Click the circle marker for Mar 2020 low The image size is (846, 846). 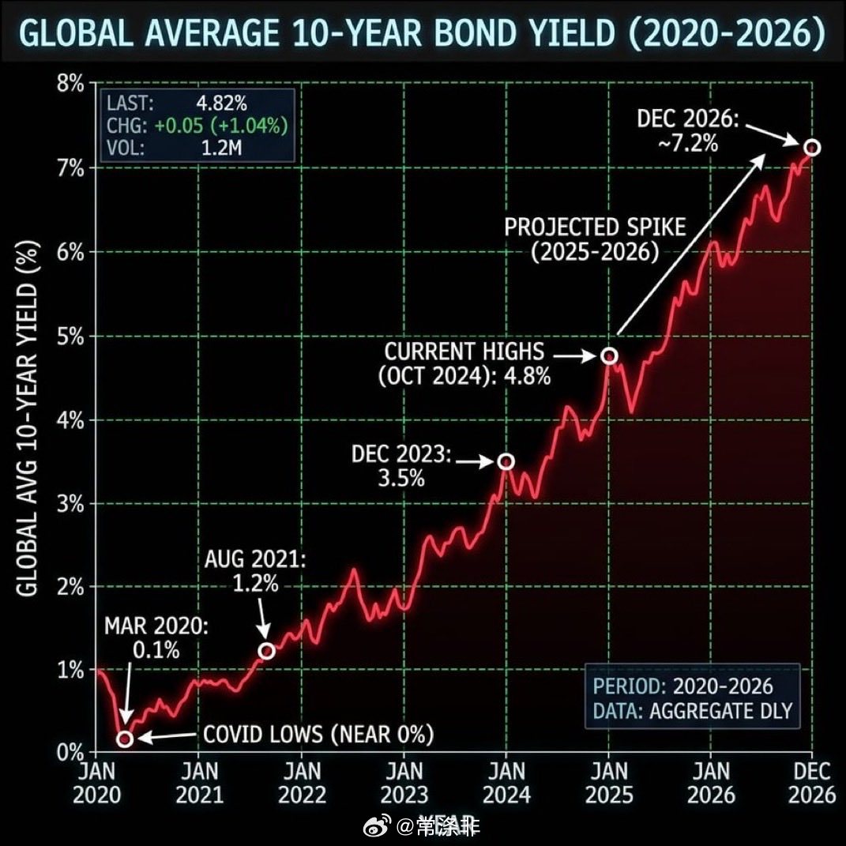pyautogui.click(x=125, y=739)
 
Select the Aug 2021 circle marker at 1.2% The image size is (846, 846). pyautogui.click(x=267, y=650)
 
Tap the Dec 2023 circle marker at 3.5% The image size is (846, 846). pyautogui.click(x=506, y=461)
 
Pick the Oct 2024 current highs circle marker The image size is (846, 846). pyautogui.click(x=609, y=355)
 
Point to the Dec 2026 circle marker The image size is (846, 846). pyautogui.click(x=812, y=148)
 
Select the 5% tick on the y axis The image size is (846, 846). pyautogui.click(x=69, y=336)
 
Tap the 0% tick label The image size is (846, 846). pyautogui.click(x=69, y=753)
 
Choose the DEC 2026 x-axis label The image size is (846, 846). pyautogui.click(x=812, y=782)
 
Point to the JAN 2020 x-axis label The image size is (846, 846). pyautogui.click(x=96, y=782)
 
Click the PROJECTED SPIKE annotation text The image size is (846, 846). pyautogui.click(x=596, y=240)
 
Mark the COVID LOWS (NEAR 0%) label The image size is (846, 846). pyautogui.click(x=318, y=735)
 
